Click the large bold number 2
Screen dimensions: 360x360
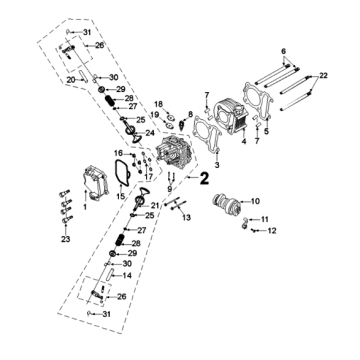pos(204,179)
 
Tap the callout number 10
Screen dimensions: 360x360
pos(255,201)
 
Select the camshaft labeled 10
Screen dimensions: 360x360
pos(226,203)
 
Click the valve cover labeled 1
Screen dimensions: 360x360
pos(95,183)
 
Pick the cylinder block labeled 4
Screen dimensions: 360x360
pos(231,115)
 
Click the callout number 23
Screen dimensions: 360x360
pos(66,239)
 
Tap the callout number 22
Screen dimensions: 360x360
pos(323,76)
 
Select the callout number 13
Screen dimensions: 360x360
pos(186,218)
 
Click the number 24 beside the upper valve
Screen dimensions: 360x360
pos(150,133)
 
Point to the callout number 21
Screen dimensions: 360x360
pos(155,205)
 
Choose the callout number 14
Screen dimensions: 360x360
pos(127,276)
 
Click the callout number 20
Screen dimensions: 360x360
pos(71,80)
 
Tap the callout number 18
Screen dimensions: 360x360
pos(158,103)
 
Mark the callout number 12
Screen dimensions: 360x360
pos(272,231)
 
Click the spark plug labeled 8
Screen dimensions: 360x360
pos(182,125)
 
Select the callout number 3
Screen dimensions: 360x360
pos(217,165)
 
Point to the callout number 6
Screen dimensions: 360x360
pos(284,52)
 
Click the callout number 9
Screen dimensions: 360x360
pos(170,189)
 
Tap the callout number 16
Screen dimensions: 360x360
pos(118,153)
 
